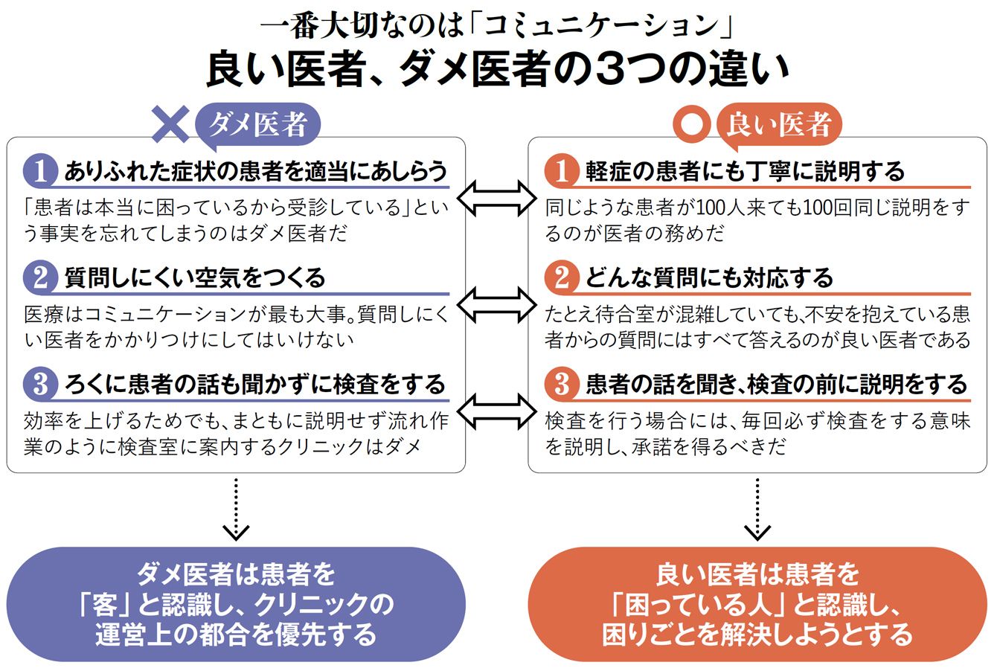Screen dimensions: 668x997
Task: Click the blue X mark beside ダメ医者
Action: pyautogui.click(x=171, y=123)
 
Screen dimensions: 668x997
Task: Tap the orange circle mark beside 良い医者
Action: pyautogui.click(x=692, y=124)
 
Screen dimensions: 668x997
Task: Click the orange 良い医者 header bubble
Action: pyautogui.click(x=778, y=123)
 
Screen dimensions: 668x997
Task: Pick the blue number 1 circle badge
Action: pyautogui.click(x=40, y=172)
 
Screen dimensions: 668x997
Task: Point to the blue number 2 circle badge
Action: pyautogui.click(x=40, y=278)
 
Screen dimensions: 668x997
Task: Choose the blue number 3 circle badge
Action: pyautogui.click(x=40, y=385)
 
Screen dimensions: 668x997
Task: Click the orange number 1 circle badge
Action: pyautogui.click(x=562, y=172)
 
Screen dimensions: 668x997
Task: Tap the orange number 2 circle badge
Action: pyautogui.click(x=562, y=278)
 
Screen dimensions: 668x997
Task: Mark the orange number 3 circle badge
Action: pyautogui.click(x=562, y=385)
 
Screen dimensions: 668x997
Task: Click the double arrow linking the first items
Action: pyautogui.click(x=496, y=197)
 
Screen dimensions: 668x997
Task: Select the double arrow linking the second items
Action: pyautogui.click(x=496, y=304)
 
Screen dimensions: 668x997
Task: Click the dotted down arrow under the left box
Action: pyautogui.click(x=236, y=510)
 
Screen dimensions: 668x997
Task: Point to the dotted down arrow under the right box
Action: pyautogui.click(x=757, y=510)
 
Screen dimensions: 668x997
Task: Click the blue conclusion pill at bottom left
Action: pyautogui.click(x=236, y=605)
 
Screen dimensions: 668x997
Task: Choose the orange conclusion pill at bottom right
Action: pyautogui.click(x=757, y=605)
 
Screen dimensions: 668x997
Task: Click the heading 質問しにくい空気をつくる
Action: pyautogui.click(x=195, y=278)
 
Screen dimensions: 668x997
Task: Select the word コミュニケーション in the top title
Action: pyautogui.click(x=603, y=28)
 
